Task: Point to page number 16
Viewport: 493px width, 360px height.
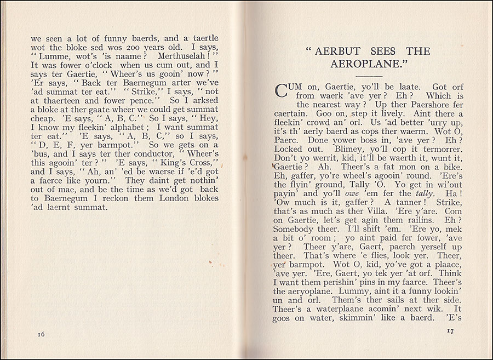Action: [x=42, y=334]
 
